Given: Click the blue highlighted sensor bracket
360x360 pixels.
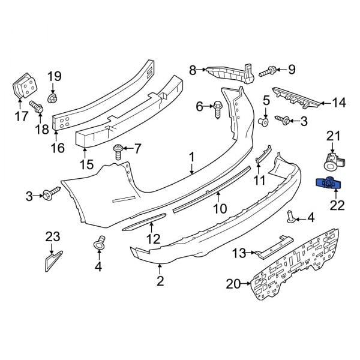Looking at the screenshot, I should [328, 184].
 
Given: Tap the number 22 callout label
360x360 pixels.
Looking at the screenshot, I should [337, 205].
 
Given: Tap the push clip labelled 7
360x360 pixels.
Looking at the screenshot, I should [119, 149].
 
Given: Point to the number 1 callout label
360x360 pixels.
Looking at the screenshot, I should [192, 158].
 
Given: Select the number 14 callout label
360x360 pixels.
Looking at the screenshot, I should [340, 103].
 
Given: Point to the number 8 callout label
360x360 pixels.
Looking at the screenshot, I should [193, 70].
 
